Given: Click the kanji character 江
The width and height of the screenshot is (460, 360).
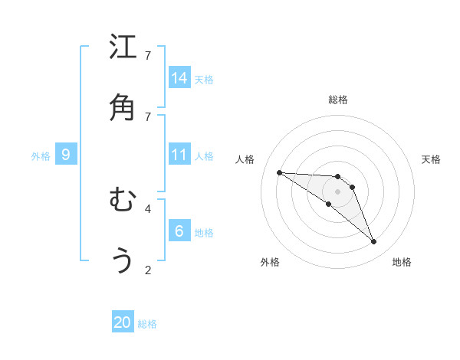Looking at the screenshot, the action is tap(123, 47).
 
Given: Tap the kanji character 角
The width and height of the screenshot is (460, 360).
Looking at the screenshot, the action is tap(123, 107).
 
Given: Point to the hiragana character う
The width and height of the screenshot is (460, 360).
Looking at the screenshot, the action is tap(123, 261).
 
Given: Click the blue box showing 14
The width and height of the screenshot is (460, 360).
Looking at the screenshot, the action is tap(179, 77).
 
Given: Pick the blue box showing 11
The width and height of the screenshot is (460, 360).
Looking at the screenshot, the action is tap(179, 155).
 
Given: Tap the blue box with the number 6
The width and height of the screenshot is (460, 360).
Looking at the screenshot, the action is tap(179, 231).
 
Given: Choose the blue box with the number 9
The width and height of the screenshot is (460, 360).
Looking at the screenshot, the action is tap(66, 155).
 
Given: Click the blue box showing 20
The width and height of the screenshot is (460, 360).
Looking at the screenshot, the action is tap(123, 322).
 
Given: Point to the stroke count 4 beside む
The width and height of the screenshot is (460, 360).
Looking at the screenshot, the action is tap(148, 208).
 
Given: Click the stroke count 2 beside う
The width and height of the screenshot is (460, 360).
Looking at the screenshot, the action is tap(148, 270).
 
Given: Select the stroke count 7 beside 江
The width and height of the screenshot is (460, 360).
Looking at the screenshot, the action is tap(148, 55).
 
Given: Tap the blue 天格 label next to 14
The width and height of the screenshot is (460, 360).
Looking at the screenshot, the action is tap(204, 79).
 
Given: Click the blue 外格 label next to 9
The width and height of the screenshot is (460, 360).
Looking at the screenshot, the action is tap(41, 156).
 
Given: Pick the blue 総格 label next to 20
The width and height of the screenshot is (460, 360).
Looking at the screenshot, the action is tap(147, 324).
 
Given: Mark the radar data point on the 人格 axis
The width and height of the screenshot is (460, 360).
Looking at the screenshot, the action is tap(279, 172).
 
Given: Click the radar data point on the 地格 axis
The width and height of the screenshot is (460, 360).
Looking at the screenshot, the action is tap(373, 242).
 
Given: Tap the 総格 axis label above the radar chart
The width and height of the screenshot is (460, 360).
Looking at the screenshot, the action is tap(337, 100).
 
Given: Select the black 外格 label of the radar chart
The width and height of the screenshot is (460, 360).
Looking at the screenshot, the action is tap(269, 262).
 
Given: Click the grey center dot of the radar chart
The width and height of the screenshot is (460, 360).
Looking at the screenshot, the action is tap(337, 191).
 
